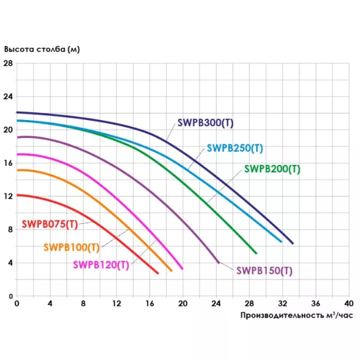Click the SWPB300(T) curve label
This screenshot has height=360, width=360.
[205, 122]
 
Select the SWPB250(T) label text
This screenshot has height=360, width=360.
[235, 148]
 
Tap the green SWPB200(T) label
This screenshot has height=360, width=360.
[272, 169]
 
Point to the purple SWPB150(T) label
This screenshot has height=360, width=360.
[264, 270]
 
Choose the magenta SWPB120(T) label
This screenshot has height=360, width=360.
[101, 264]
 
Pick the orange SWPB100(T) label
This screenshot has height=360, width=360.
[71, 247]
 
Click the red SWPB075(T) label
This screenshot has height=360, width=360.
[50, 224]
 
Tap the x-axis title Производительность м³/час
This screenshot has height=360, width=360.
[293, 315]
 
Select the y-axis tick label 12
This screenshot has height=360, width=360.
[8, 196]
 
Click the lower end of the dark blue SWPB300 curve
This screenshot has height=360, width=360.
[293, 243]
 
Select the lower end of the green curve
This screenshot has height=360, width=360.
[256, 253]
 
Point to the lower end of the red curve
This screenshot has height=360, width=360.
[158, 273]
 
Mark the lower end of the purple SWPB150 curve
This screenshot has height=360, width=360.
[218, 261]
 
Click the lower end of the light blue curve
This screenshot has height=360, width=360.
[281, 241]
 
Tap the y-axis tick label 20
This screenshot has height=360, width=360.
[8, 130]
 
